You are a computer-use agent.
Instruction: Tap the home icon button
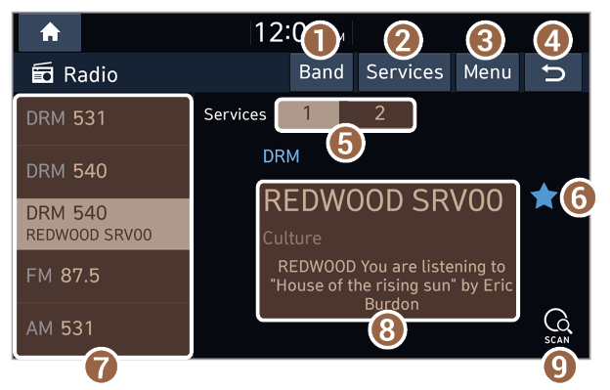[50, 32]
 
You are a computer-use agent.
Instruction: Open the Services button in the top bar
[404, 72]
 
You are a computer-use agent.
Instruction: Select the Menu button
[488, 72]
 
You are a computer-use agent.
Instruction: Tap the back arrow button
[553, 72]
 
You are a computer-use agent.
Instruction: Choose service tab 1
[308, 113]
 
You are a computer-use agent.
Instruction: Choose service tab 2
[376, 113]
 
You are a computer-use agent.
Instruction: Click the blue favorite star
[544, 196]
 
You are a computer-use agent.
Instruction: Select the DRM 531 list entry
[103, 120]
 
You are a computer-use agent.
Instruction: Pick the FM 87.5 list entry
[103, 276]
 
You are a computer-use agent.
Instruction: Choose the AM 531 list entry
[103, 329]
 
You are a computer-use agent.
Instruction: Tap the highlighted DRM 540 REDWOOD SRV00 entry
[103, 224]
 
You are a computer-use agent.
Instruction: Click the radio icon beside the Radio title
[42, 72]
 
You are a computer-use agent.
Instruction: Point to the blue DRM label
[281, 156]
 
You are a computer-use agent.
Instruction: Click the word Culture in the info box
[292, 238]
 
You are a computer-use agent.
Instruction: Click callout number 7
[101, 367]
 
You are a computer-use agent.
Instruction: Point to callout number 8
[387, 330]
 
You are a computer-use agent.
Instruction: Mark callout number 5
[345, 144]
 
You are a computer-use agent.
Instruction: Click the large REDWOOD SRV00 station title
[383, 200]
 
